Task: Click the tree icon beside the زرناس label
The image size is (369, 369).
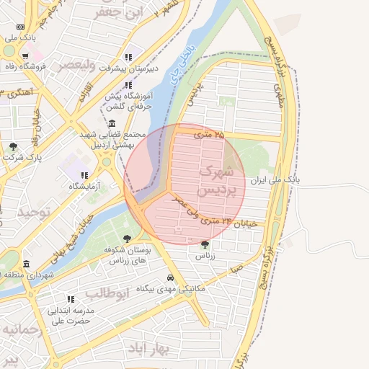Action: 205,245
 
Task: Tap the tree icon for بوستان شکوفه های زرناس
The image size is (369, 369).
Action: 128,238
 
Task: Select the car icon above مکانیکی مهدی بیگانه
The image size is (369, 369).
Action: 170,277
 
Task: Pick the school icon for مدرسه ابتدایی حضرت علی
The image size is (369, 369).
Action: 71,298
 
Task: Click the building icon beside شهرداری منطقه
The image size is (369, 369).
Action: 27,264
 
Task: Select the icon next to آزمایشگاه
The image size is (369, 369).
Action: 85,174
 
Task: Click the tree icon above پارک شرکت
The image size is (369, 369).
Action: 13,146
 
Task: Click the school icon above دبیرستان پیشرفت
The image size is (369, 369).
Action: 128,57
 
